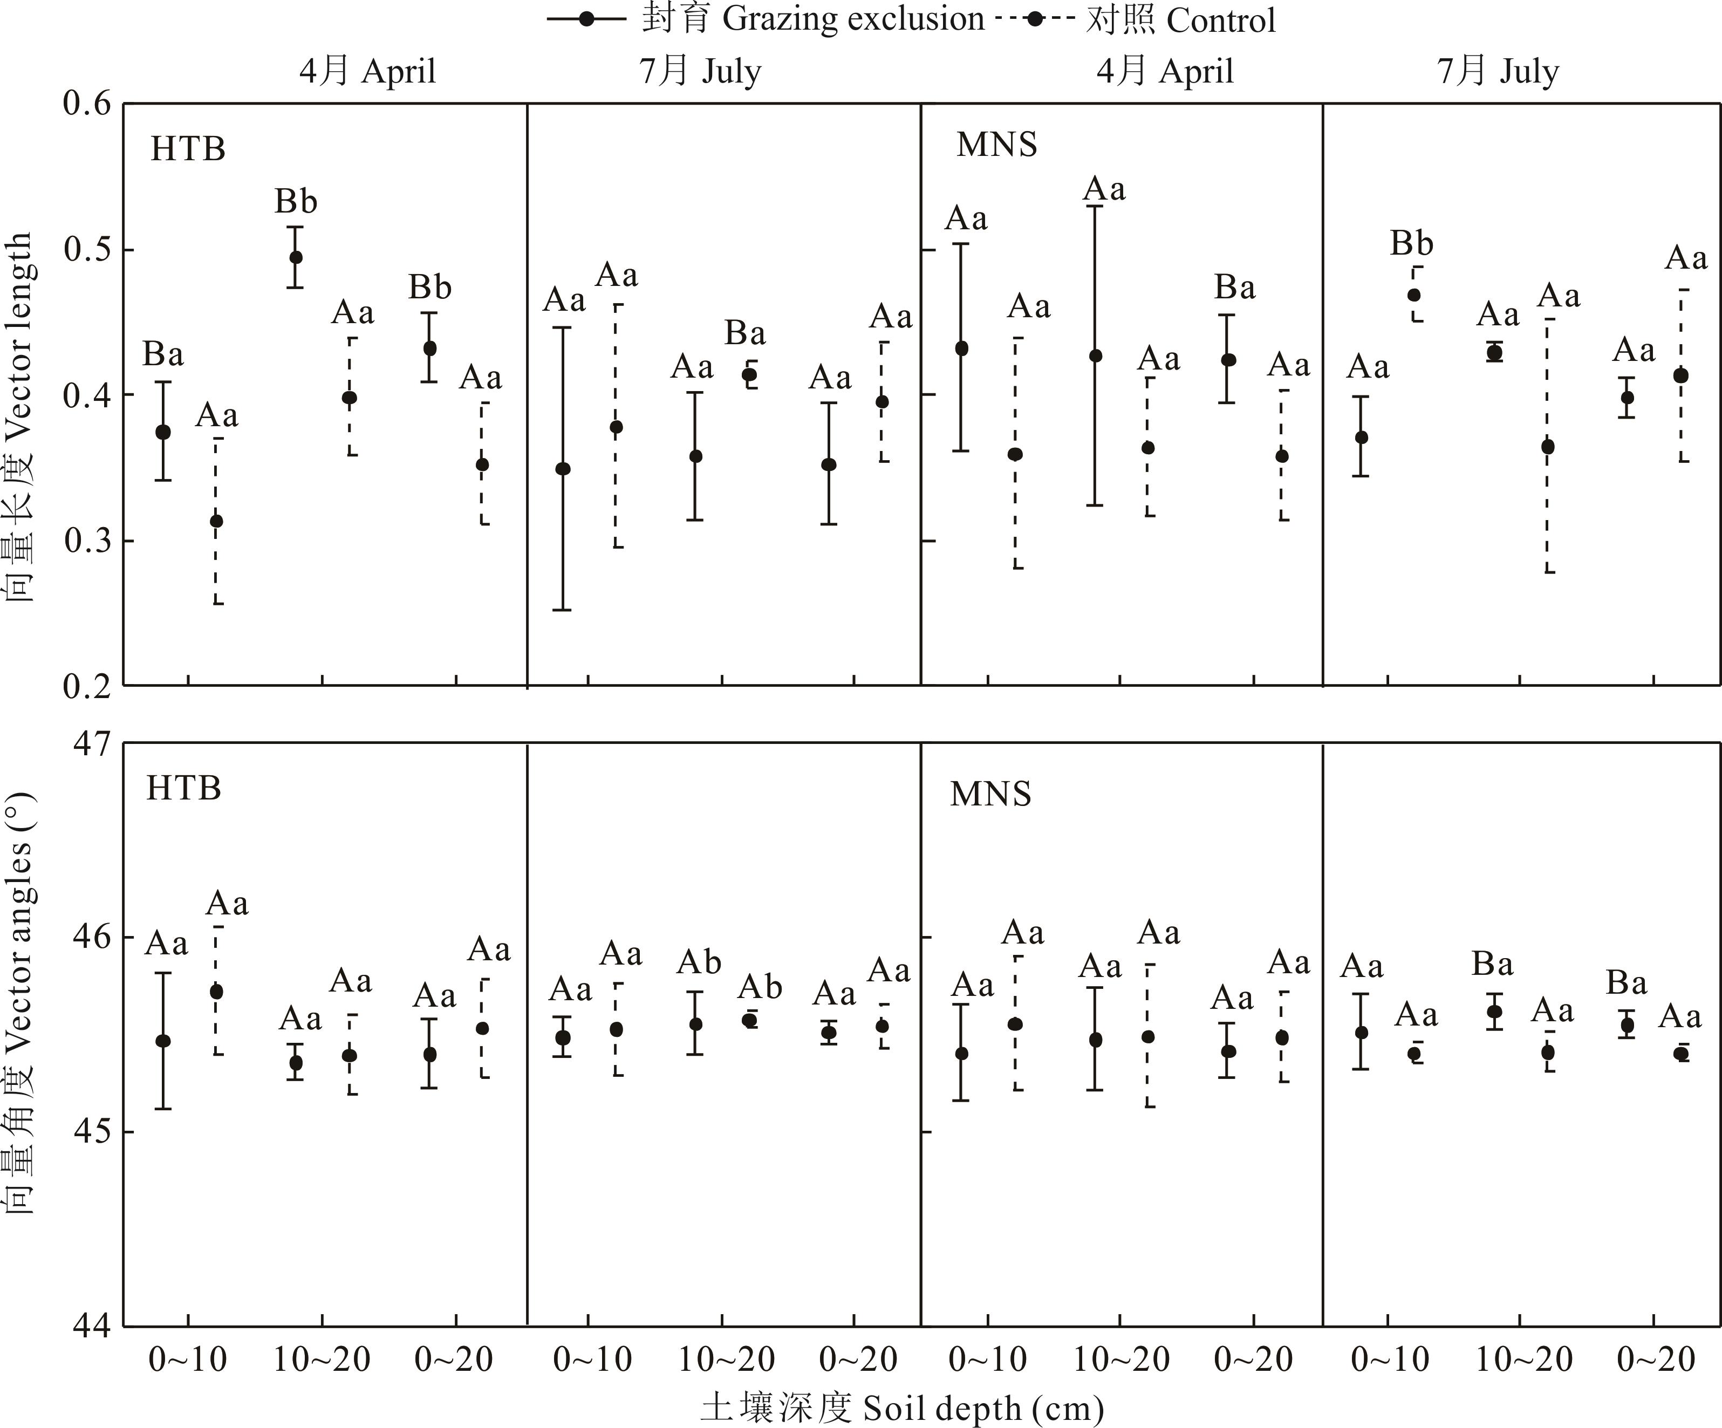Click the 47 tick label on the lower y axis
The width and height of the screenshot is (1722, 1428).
92,743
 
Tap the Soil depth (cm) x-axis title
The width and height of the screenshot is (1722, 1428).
902,1407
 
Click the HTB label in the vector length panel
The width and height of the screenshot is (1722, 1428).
188,148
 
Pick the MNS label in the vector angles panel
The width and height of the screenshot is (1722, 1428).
990,794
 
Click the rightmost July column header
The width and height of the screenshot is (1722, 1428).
1498,71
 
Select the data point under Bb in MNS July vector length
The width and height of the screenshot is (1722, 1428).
1413,295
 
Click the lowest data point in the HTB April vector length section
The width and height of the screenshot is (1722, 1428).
216,521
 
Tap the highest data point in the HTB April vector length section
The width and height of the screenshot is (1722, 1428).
296,257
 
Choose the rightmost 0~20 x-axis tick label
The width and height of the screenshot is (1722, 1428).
1656,1360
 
